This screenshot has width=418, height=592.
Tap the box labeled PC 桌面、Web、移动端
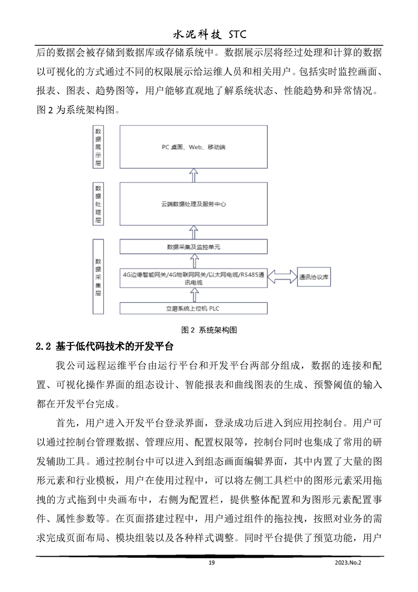[x=193, y=147]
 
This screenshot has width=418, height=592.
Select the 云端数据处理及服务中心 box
[x=193, y=203]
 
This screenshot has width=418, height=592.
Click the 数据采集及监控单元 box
[x=193, y=246]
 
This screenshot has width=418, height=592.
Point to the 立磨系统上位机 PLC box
[x=193, y=308]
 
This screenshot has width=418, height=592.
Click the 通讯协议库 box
[x=315, y=277]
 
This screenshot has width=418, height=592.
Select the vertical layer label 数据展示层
[x=98, y=147]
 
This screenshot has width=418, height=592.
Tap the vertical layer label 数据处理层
[x=98, y=203]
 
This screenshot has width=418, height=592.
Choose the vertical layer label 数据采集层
[x=98, y=277]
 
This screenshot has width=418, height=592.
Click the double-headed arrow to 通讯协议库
[x=282, y=277]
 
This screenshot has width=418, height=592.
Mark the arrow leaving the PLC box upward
[x=193, y=295]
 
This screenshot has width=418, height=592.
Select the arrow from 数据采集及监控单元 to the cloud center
[x=193, y=232]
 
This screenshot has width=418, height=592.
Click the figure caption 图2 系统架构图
[x=209, y=330]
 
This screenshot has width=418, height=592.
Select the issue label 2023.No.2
[x=349, y=562]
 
